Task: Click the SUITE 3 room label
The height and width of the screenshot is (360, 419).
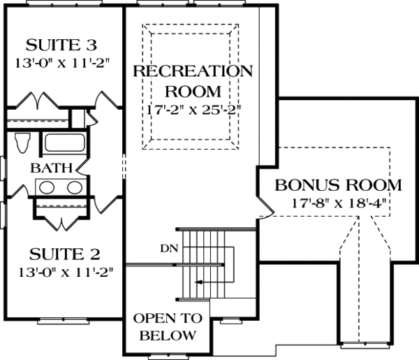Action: pyautogui.click(x=61, y=46)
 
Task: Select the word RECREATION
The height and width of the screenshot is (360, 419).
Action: pyautogui.click(x=192, y=71)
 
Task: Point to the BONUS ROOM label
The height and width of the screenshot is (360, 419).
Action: pyautogui.click(x=338, y=186)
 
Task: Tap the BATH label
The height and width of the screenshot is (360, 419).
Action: pyautogui.click(x=45, y=168)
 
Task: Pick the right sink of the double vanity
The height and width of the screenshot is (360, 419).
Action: pyautogui.click(x=73, y=187)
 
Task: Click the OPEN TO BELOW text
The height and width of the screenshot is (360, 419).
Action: pyautogui.click(x=168, y=326)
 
